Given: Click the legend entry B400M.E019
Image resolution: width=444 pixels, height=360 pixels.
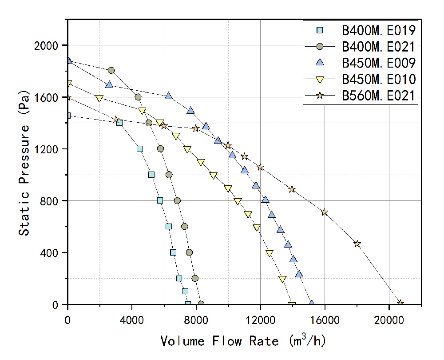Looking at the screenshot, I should [378, 30].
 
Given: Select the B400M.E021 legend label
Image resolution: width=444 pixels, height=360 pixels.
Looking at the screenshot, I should [378, 46].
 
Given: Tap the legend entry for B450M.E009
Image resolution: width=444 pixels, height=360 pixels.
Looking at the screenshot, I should [378, 63].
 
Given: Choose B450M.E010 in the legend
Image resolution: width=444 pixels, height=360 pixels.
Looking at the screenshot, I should [378, 79].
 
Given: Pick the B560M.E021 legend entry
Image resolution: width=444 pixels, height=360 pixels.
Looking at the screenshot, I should [378, 96].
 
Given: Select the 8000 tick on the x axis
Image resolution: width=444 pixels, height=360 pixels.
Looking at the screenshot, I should [196, 319].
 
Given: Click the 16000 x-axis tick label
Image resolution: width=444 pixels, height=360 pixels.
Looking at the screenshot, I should [325, 319].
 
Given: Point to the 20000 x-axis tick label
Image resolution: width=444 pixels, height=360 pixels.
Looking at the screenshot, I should [389, 319].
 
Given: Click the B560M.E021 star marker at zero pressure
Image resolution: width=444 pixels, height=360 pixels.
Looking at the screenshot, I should [400, 303].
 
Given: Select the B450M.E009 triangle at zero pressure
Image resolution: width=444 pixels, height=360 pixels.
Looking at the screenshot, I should [312, 304].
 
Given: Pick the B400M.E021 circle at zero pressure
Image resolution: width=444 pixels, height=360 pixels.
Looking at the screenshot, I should [201, 304].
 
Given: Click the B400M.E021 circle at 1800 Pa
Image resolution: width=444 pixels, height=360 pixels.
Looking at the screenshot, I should [111, 70].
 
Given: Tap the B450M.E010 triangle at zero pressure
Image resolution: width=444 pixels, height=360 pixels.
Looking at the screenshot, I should [292, 305].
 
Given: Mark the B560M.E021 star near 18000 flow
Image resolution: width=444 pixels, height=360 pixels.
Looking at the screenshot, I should [357, 244].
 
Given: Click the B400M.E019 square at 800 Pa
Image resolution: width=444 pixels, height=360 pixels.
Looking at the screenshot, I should [160, 200].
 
